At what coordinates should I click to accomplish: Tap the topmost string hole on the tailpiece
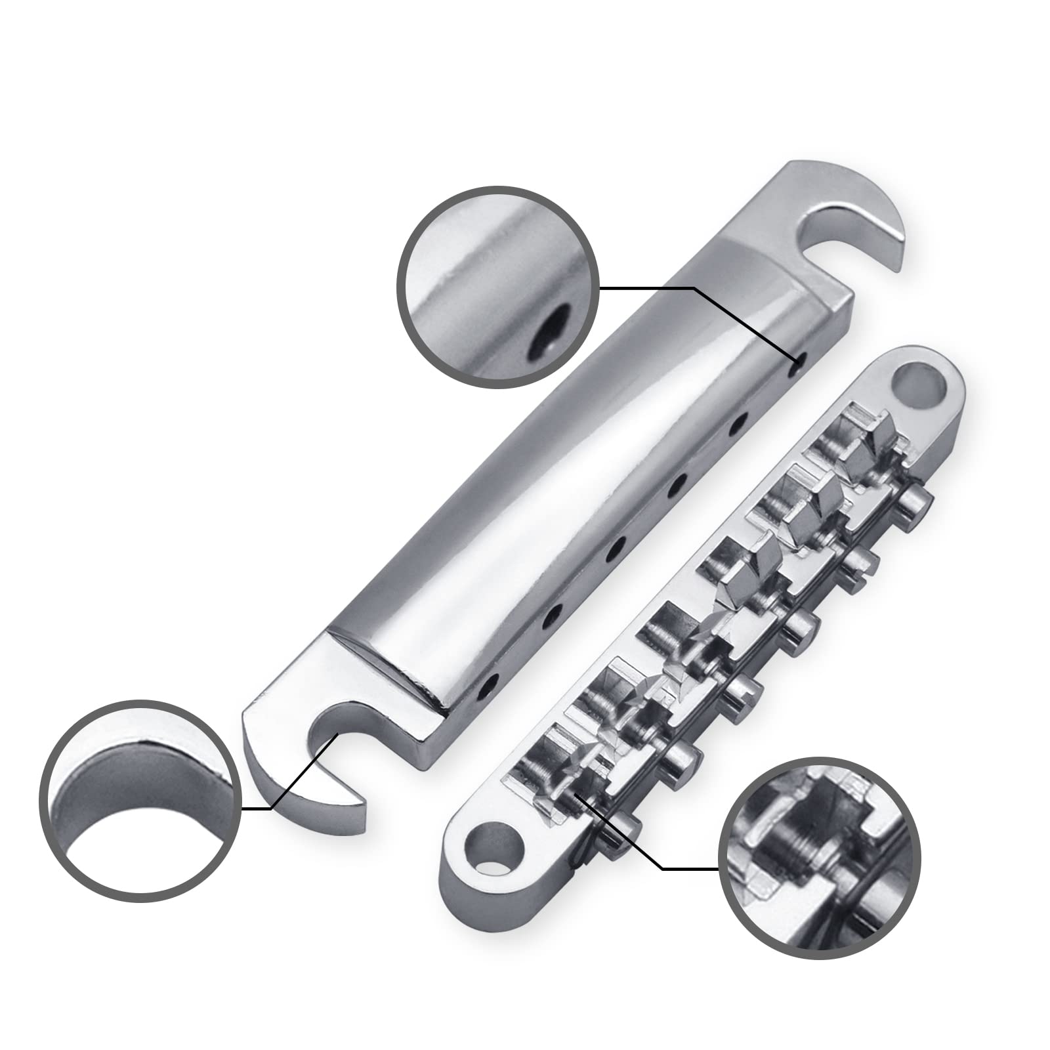pos(800,359)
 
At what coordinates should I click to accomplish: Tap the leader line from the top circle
pos(656,287)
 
